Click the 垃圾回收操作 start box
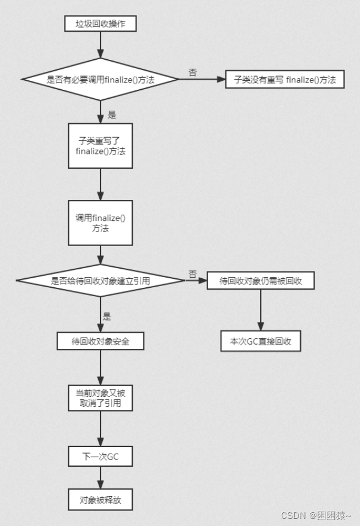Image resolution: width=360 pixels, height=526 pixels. [x=100, y=24]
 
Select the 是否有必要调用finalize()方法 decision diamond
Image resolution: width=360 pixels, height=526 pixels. [x=100, y=79]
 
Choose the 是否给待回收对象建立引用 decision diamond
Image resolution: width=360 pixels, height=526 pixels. [x=100, y=279]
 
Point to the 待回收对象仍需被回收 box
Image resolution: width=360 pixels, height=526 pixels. [x=260, y=280]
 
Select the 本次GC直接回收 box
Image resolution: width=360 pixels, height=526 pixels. [x=260, y=340]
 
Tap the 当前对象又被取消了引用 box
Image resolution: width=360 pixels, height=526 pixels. [x=100, y=398]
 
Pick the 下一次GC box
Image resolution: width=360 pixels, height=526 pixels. [x=100, y=457]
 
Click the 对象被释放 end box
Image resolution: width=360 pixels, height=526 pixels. [x=100, y=500]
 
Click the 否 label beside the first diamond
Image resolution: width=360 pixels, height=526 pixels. [x=193, y=72]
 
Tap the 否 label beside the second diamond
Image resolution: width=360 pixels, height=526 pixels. [x=193, y=273]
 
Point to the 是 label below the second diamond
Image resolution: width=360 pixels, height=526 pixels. [x=107, y=317]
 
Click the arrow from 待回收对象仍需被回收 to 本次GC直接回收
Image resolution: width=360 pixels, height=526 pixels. [x=260, y=309]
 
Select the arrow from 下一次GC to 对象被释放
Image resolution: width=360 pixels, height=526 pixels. [x=100, y=478]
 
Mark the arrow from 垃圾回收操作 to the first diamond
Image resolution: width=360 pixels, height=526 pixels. [x=100, y=45]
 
